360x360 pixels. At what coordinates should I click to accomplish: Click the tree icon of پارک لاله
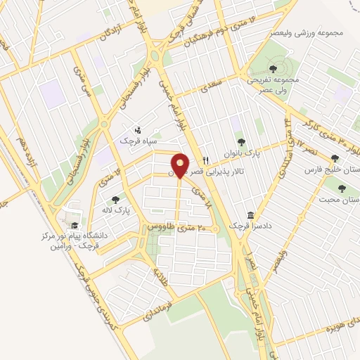(x=115, y=200)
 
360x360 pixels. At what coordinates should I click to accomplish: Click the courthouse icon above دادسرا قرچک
(x=251, y=215)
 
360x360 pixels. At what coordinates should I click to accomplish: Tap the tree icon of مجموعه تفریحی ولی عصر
(x=273, y=69)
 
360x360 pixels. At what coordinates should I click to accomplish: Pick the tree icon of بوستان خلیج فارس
(x=335, y=158)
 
